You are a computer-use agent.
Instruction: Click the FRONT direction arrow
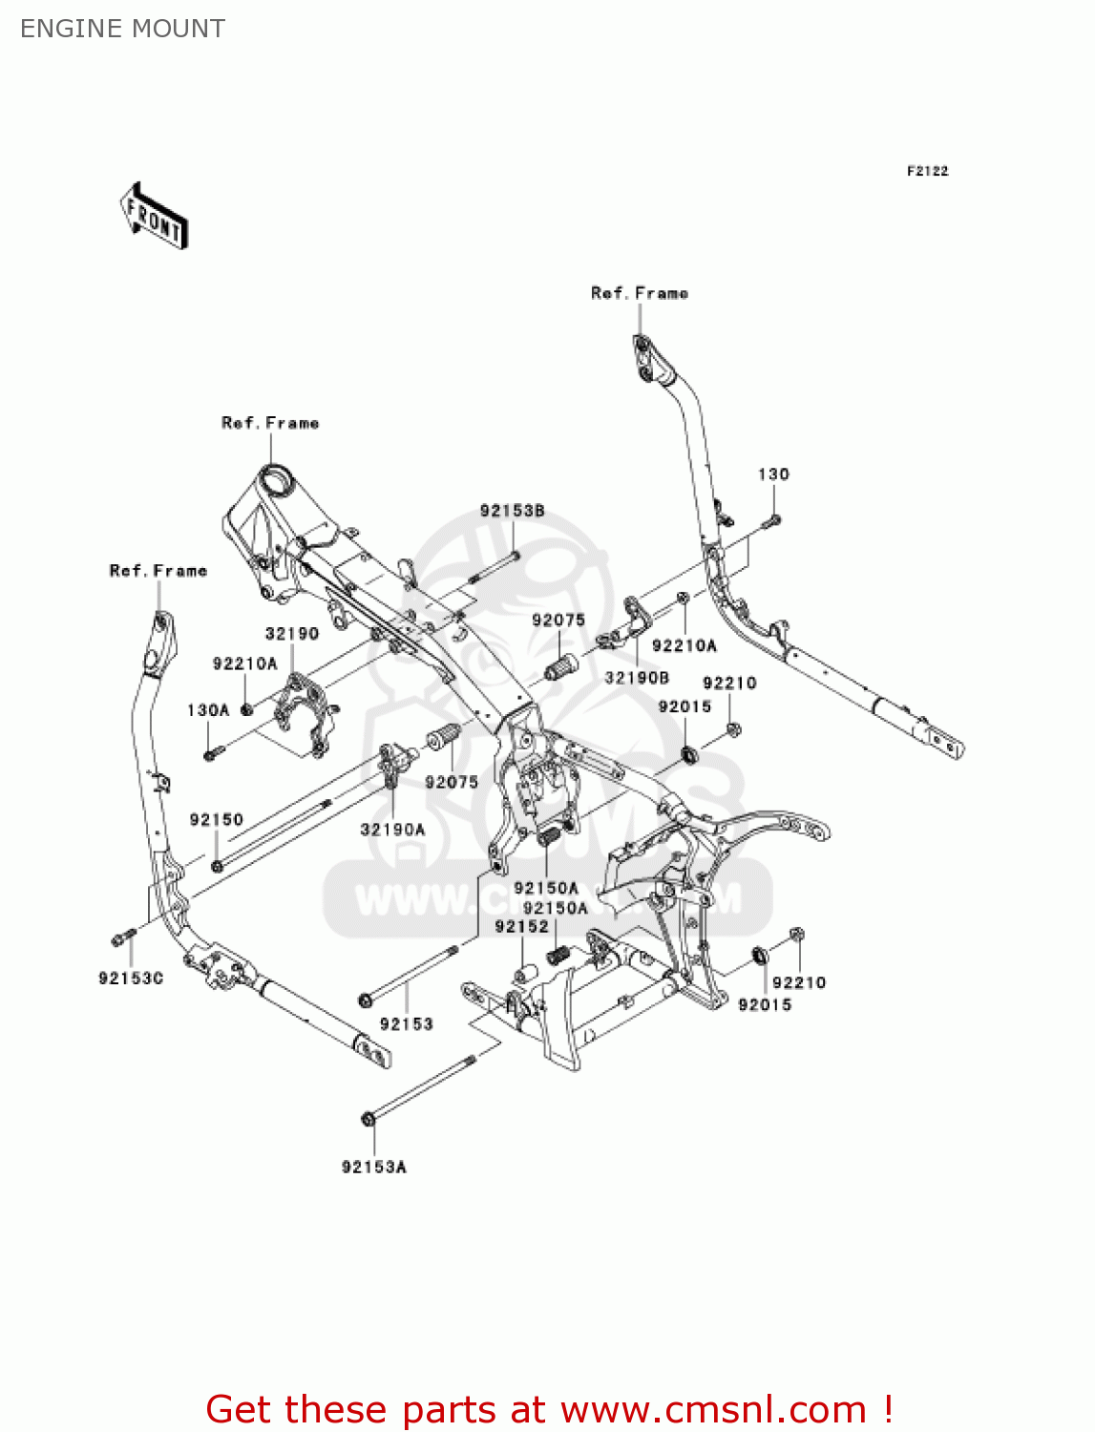tap(153, 217)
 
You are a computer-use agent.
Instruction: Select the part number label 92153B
tap(512, 511)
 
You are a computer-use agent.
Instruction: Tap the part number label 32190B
tap(637, 678)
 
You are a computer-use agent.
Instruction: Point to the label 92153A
tap(374, 1167)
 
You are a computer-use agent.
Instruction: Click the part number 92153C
tap(131, 979)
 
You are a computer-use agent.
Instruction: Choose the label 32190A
tap(392, 830)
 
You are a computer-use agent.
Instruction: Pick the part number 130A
tap(208, 710)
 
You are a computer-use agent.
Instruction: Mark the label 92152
tap(521, 927)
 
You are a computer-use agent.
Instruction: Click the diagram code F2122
tap(927, 171)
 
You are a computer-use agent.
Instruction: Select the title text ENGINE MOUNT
tap(122, 29)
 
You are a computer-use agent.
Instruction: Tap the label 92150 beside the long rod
tap(217, 820)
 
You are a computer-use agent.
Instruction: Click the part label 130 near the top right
tap(773, 474)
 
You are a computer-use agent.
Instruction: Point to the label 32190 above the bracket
tap(292, 634)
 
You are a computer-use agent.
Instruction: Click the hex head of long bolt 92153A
tap(368, 1118)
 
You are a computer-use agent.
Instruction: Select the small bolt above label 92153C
tap(120, 937)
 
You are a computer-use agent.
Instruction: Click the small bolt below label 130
tap(772, 521)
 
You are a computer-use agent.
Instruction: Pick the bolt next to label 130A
tap(212, 755)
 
